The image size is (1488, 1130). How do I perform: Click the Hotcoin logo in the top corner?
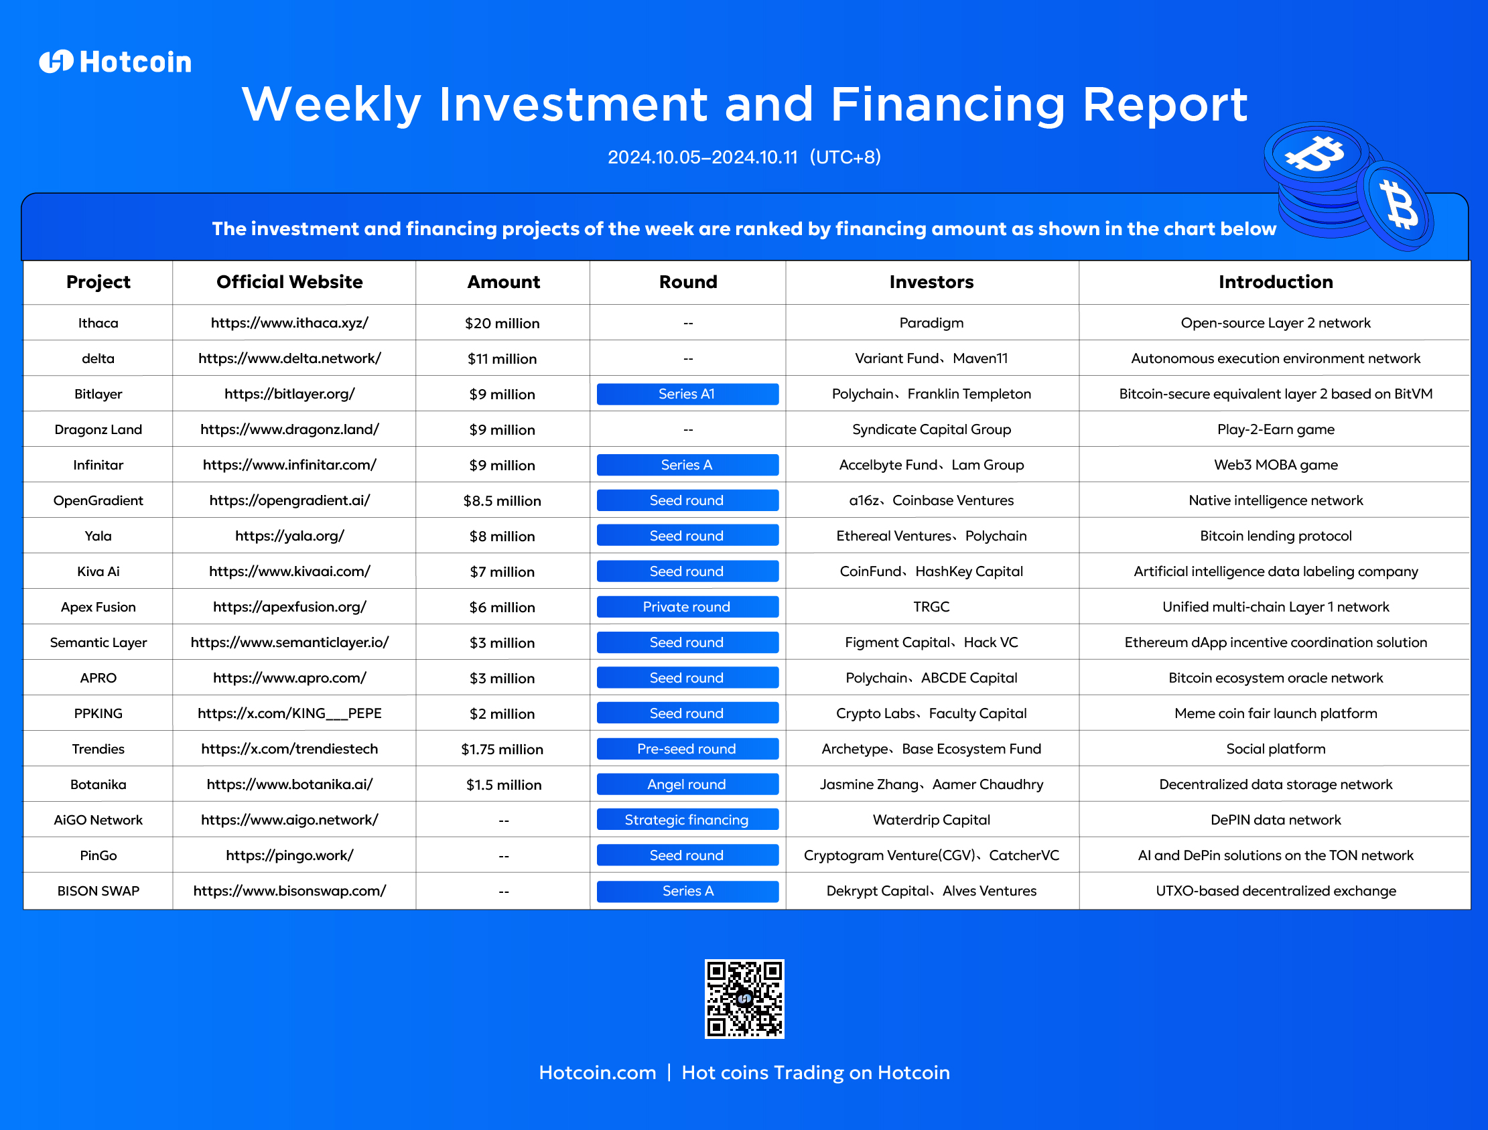click(115, 62)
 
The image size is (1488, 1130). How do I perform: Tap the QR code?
click(744, 999)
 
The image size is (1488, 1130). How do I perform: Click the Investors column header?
click(931, 282)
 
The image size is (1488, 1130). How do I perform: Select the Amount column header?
click(503, 282)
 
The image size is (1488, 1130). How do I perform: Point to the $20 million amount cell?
click(502, 324)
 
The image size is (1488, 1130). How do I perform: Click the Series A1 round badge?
click(687, 394)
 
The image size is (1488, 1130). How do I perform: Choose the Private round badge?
click(687, 607)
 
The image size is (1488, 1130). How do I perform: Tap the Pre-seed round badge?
click(687, 749)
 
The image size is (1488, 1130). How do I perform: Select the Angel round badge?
click(687, 784)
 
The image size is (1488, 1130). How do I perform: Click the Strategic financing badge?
click(687, 820)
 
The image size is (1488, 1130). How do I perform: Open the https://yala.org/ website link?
click(289, 536)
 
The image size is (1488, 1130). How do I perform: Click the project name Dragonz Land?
click(98, 430)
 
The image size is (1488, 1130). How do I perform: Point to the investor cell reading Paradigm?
click(931, 324)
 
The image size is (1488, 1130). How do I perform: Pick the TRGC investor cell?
click(931, 607)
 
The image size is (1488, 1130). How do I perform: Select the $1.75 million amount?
click(502, 750)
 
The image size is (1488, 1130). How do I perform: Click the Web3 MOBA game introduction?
click(1276, 465)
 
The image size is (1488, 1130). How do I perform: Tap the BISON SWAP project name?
click(98, 892)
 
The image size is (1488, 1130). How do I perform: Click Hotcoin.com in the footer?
click(598, 1072)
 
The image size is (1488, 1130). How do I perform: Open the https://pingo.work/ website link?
click(289, 855)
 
